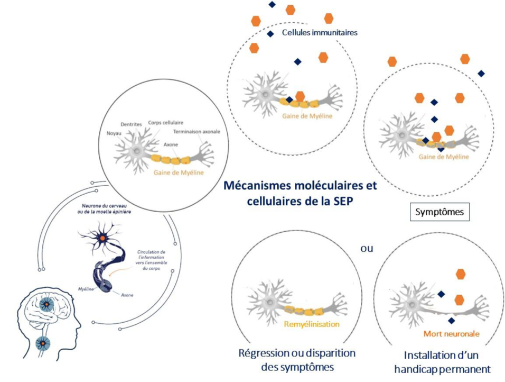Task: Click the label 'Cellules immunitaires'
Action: [320, 32]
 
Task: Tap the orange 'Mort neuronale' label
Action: [451, 334]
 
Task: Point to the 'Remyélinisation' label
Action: [312, 324]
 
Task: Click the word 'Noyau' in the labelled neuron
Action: [114, 133]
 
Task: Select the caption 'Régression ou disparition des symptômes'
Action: [297, 360]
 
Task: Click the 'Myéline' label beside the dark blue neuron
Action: [86, 289]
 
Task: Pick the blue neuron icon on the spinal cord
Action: [42, 344]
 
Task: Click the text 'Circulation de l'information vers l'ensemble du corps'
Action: [152, 261]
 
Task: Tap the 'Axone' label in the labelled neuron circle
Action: [171, 144]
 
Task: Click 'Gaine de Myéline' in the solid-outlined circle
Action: [179, 172]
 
